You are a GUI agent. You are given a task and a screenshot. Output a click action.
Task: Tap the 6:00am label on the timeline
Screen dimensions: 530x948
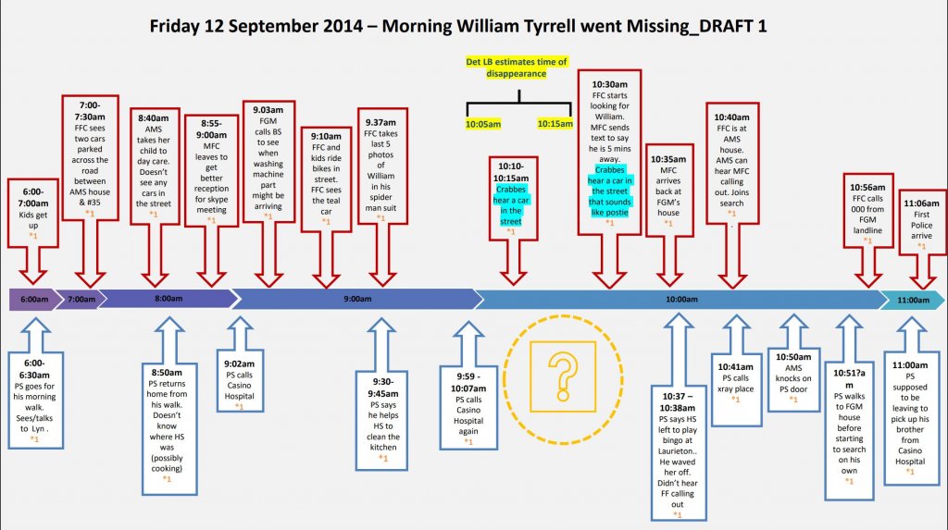pos(32,300)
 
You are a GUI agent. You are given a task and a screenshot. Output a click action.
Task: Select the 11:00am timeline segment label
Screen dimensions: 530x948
pos(912,300)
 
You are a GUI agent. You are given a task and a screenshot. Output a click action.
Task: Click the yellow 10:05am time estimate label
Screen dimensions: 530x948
pos(482,123)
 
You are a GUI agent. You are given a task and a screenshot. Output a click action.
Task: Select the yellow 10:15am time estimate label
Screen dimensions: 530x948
pos(555,123)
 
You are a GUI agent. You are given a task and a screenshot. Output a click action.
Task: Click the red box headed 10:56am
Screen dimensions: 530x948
pos(867,210)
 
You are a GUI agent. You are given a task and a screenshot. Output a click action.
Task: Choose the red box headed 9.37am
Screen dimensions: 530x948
pos(380,174)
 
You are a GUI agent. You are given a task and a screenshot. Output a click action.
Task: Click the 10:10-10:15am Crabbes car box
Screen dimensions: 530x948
pos(511,197)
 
